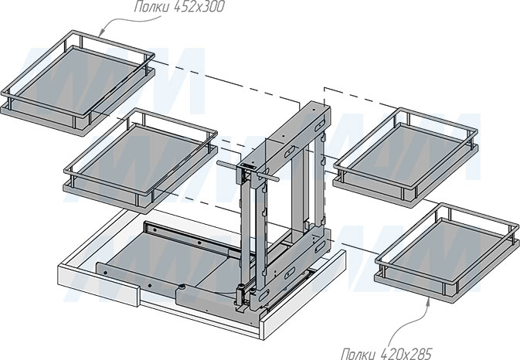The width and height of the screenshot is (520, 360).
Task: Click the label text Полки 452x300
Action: pos(179,7)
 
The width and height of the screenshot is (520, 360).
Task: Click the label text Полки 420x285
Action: pos(387,353)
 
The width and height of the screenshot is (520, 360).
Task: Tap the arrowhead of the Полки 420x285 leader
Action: pos(428,301)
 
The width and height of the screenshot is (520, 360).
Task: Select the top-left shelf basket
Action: pos(78,83)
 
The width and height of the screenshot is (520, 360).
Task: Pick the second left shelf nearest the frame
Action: pos(141,160)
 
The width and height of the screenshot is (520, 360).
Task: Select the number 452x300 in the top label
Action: pos(199,7)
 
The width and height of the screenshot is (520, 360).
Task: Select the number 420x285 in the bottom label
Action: pos(407,353)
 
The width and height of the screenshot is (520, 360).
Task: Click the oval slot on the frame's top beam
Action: pos(290,151)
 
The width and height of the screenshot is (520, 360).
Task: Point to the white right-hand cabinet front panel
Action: pos(304,294)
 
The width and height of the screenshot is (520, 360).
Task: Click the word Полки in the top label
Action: pos(152,7)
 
